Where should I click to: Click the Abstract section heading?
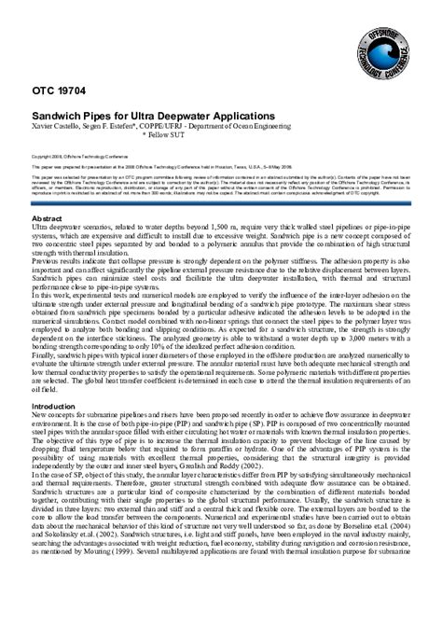(x=48, y=216)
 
